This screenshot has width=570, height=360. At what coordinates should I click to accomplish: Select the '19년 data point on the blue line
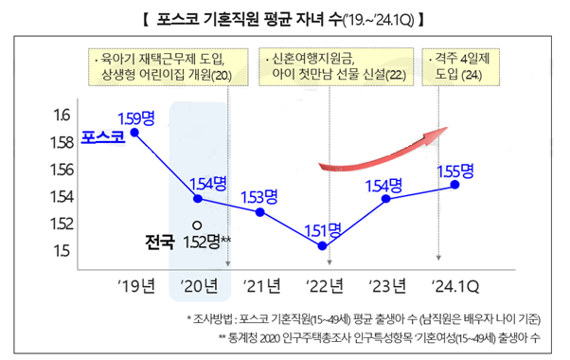(x=135, y=133)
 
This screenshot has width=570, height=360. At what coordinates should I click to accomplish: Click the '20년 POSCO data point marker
(x=198, y=199)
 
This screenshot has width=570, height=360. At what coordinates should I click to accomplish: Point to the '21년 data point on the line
(x=260, y=212)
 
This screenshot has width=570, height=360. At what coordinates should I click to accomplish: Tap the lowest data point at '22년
(x=323, y=245)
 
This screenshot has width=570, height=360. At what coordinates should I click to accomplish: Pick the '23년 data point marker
(x=385, y=199)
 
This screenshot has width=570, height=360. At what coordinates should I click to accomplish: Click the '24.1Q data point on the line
(x=455, y=185)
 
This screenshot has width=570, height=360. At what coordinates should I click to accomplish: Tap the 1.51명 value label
(x=322, y=229)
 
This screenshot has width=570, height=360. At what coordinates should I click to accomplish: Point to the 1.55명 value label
(x=455, y=171)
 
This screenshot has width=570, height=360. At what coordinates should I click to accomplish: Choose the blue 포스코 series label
(x=102, y=138)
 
